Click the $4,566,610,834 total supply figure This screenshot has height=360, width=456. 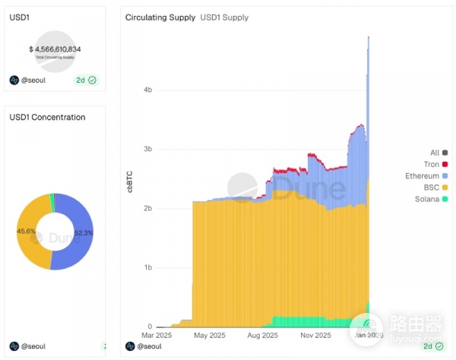click(55, 49)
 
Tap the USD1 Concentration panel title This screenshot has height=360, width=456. click(47, 117)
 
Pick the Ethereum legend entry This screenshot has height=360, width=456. click(423, 175)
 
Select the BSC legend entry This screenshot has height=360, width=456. click(431, 187)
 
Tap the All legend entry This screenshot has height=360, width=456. click(434, 153)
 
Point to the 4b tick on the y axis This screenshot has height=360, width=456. click(147, 90)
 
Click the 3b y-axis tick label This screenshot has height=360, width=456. click(147, 149)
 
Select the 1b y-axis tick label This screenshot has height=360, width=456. click(147, 267)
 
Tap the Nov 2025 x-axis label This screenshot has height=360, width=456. click(315, 334)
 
